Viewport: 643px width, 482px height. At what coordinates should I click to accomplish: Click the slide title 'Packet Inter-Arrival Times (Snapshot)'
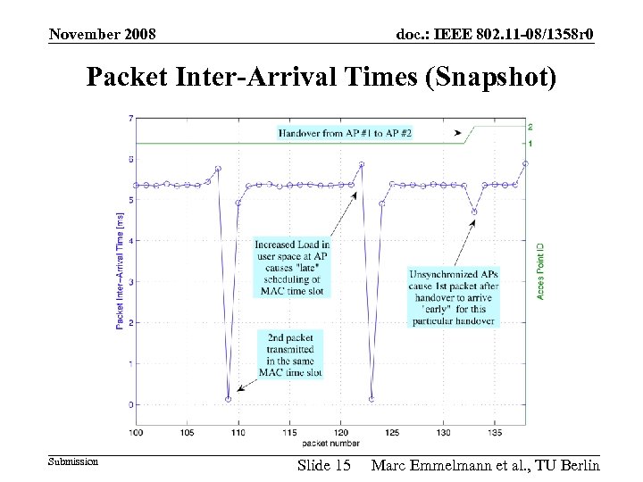[x=321, y=78]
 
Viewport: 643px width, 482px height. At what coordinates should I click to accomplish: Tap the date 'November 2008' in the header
[x=103, y=34]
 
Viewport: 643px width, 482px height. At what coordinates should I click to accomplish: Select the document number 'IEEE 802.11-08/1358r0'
[x=496, y=34]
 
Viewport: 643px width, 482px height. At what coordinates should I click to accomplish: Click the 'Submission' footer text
[x=72, y=461]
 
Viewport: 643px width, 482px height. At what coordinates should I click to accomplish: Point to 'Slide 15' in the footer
[x=323, y=465]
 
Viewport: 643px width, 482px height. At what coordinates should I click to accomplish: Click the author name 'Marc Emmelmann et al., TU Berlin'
[x=485, y=465]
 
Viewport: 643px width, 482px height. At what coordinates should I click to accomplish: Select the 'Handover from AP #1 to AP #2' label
[x=345, y=132]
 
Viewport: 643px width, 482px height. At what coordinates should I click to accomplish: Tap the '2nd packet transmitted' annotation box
[x=290, y=353]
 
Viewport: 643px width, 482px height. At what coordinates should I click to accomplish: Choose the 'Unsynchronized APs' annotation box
[x=453, y=296]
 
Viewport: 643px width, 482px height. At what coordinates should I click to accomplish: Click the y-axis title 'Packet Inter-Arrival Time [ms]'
[x=121, y=264]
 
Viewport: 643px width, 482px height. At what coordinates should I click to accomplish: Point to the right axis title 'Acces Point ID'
[x=541, y=269]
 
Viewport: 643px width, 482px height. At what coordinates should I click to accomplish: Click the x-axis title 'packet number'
[x=331, y=443]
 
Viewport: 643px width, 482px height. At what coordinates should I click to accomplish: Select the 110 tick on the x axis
[x=238, y=433]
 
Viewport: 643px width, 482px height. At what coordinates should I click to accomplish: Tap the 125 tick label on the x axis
[x=391, y=433]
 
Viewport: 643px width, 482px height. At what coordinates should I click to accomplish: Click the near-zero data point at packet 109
[x=229, y=399]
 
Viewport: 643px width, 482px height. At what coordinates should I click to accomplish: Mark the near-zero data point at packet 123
[x=372, y=399]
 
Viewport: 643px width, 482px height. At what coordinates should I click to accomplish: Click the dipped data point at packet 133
[x=474, y=212]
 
